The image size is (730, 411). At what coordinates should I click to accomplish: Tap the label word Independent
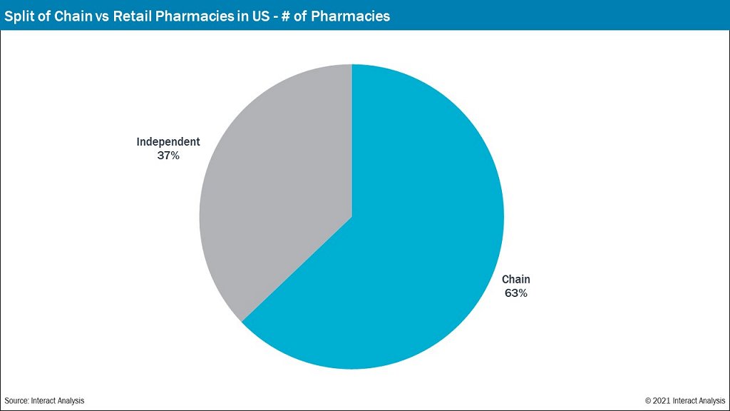click(x=168, y=142)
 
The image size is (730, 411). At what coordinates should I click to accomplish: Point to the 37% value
click(x=168, y=155)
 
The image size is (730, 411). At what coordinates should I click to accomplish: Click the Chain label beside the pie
click(x=516, y=280)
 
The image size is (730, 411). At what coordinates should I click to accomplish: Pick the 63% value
click(x=516, y=293)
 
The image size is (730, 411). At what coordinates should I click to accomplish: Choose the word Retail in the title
click(x=133, y=16)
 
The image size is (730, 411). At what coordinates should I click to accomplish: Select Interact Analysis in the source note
click(x=58, y=401)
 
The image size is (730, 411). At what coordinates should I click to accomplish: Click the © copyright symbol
click(x=649, y=401)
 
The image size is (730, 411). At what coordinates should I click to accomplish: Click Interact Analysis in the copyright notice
click(x=699, y=401)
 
